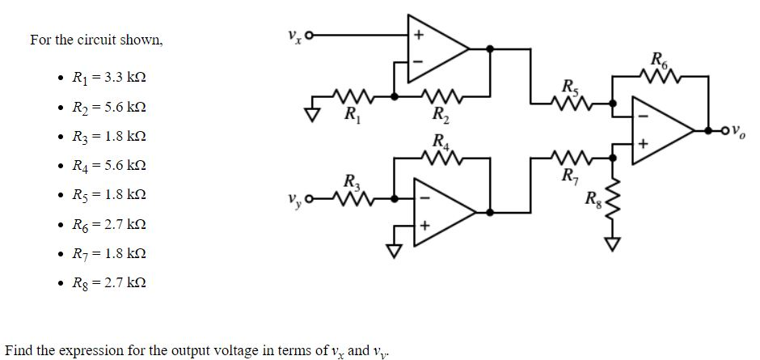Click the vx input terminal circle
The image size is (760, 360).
pyautogui.click(x=307, y=35)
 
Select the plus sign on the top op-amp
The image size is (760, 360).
pyautogui.click(x=418, y=36)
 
